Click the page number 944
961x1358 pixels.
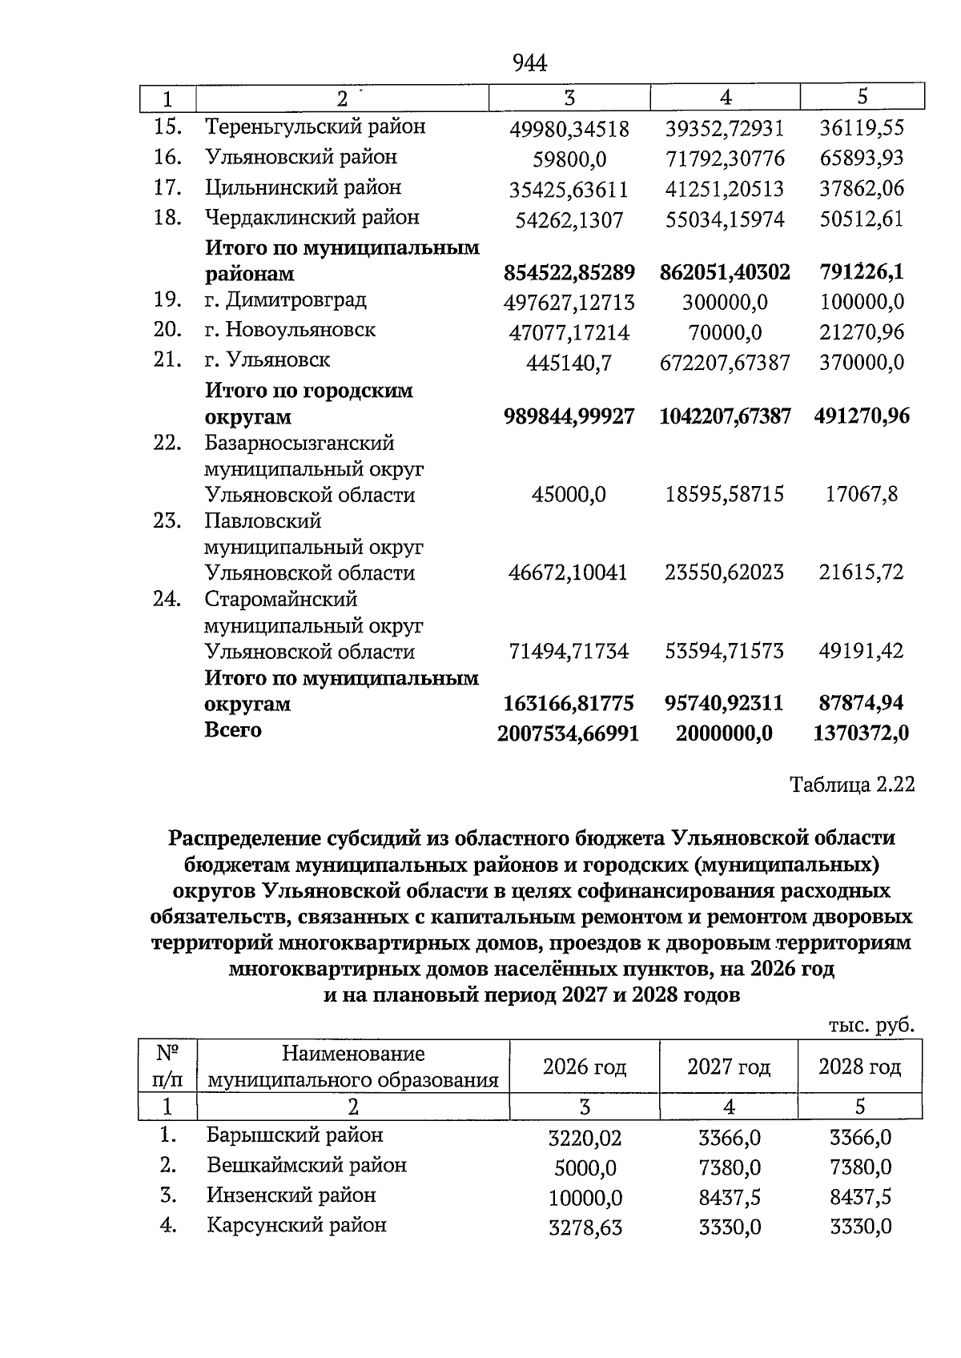(529, 63)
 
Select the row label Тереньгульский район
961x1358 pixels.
(315, 127)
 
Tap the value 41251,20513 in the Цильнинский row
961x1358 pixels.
(725, 190)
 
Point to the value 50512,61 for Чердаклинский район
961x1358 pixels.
(862, 219)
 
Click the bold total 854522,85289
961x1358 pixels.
(569, 273)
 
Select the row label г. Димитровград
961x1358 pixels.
(286, 300)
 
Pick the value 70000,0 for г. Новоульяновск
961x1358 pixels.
(725, 332)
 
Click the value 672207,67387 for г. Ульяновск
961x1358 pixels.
(725, 364)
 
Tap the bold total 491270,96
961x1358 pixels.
(862, 416)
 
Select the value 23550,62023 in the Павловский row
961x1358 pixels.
(725, 573)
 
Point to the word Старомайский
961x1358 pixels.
(281, 600)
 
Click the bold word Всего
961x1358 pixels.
(233, 730)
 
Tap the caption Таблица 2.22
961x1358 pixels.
(852, 785)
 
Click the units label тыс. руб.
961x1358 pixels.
(871, 1025)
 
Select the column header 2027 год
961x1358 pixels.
(729, 1067)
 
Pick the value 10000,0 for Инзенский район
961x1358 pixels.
(585, 1198)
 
